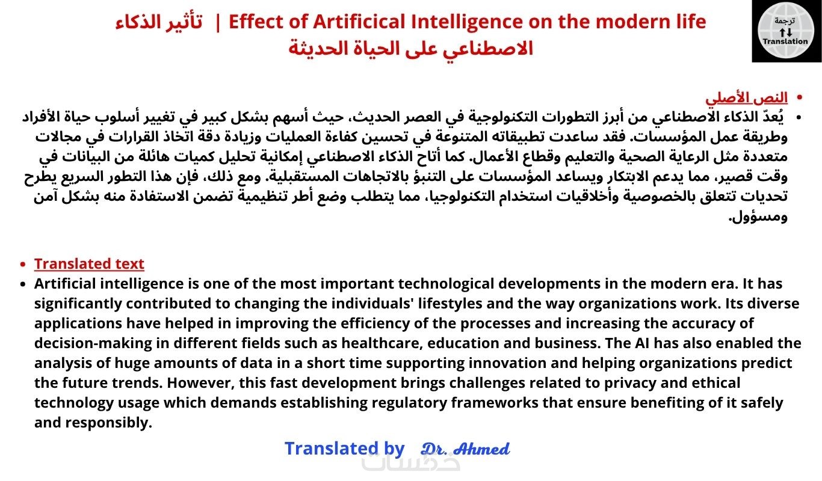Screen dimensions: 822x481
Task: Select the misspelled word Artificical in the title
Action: click(360, 22)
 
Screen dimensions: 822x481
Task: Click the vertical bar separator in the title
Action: click(218, 23)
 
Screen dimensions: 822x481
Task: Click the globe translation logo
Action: click(786, 31)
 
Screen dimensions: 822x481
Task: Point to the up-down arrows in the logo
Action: click(786, 32)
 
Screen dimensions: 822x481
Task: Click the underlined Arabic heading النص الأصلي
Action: click(746, 97)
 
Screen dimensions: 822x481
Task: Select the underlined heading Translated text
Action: click(89, 264)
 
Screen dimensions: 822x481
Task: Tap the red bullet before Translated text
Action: click(23, 264)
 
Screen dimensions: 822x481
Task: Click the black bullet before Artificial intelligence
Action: click(23, 284)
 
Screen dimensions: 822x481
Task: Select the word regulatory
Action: click(409, 403)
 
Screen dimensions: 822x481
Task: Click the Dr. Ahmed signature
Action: click(465, 449)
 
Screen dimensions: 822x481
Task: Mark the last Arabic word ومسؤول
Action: click(758, 217)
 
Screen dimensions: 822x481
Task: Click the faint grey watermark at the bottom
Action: click(411, 463)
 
